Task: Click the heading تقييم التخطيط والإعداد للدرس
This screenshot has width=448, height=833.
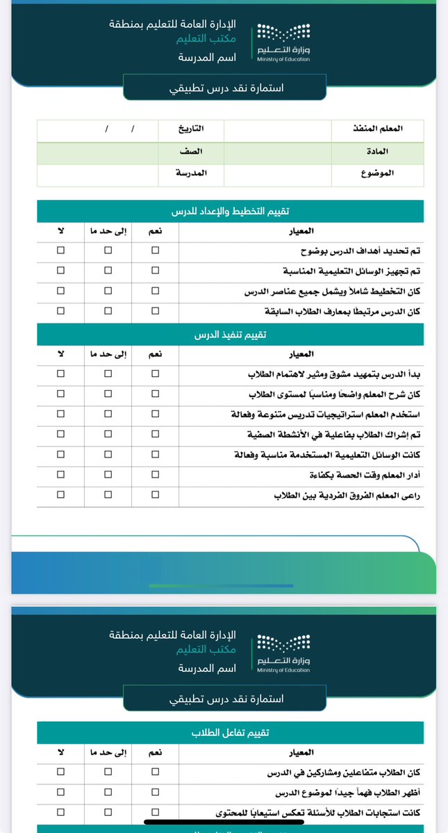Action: pyautogui.click(x=230, y=212)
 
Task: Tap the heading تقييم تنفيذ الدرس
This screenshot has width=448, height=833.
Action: pyautogui.click(x=230, y=335)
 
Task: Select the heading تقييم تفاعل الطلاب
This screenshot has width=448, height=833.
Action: pyautogui.click(x=230, y=732)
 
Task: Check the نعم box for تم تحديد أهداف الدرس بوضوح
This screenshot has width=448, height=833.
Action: pyautogui.click(x=155, y=251)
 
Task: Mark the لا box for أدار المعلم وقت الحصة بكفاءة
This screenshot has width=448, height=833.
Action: pyautogui.click(x=60, y=476)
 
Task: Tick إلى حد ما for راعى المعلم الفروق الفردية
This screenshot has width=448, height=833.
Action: pyautogui.click(x=107, y=496)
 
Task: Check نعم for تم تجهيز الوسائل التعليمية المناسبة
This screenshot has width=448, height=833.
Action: pyautogui.click(x=155, y=271)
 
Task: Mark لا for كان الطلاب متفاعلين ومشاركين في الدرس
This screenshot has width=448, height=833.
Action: pyautogui.click(x=60, y=771)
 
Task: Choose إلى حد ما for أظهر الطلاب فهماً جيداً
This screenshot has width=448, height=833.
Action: pyautogui.click(x=107, y=791)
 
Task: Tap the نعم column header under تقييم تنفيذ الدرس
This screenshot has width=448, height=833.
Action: pyautogui.click(x=155, y=354)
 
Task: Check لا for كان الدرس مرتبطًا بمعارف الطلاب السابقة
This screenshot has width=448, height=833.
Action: pyautogui.click(x=60, y=312)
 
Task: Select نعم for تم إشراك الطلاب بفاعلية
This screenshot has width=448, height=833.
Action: pyautogui.click(x=155, y=435)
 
